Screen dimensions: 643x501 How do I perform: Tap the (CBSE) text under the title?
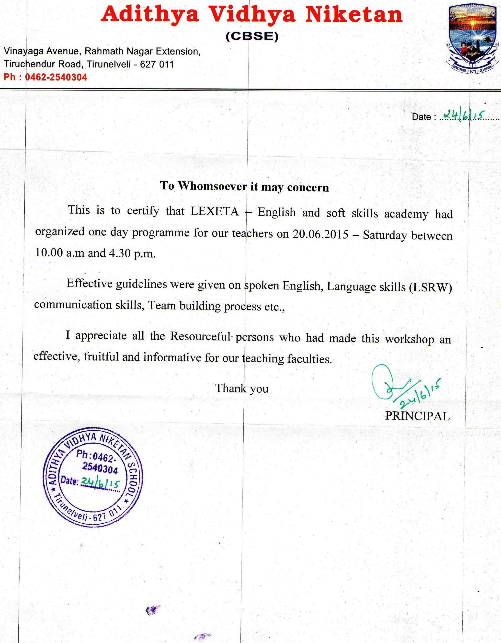(x=252, y=37)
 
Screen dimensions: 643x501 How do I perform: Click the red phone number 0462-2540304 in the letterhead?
(x=56, y=77)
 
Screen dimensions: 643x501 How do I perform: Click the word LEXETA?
(x=215, y=212)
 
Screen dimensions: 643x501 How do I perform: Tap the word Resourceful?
(x=200, y=336)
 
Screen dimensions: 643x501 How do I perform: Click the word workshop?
(x=410, y=339)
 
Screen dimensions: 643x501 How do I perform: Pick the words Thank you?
(x=242, y=388)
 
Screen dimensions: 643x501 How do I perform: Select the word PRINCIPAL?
(x=417, y=416)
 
